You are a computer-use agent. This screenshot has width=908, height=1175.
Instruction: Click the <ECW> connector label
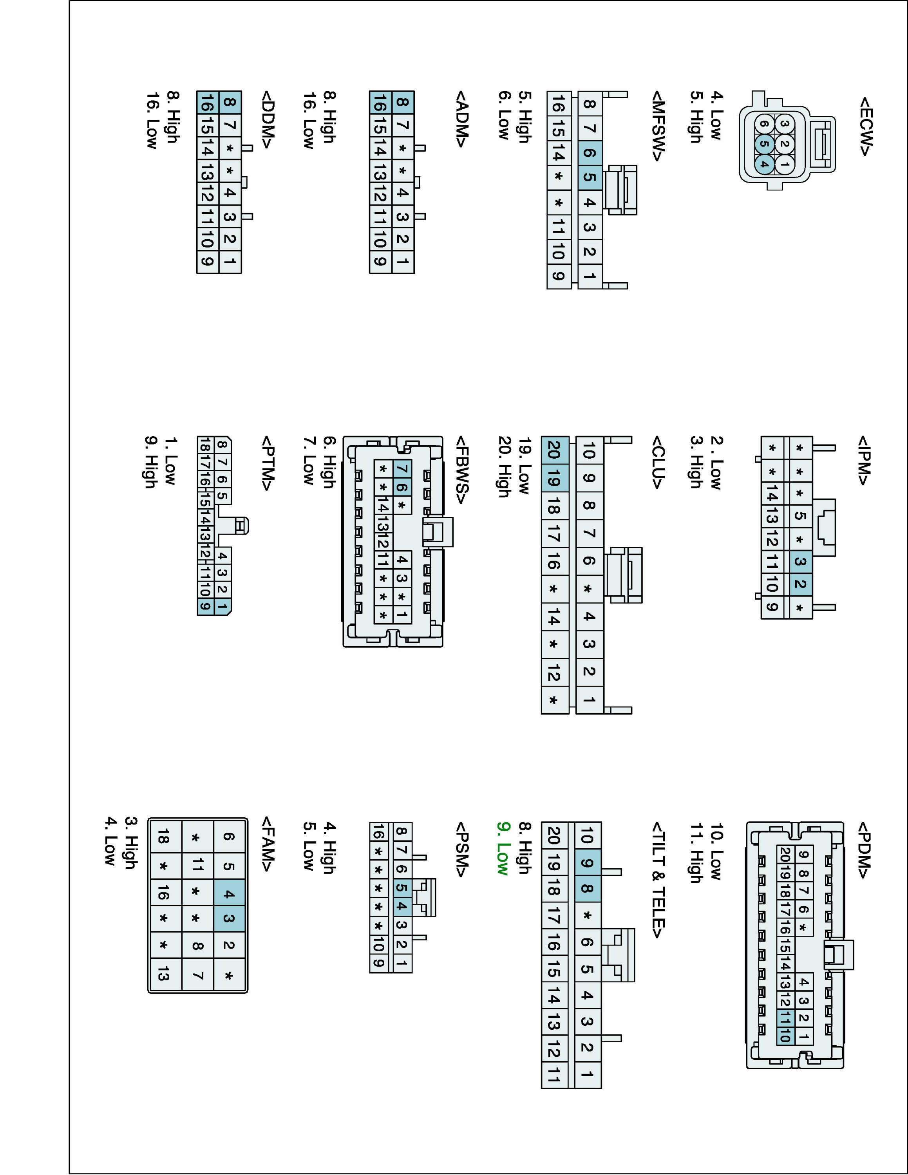pos(865,127)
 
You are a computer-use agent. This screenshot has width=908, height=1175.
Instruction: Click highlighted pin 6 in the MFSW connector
pos(590,153)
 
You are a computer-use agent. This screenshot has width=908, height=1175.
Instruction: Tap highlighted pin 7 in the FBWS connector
pos(402,469)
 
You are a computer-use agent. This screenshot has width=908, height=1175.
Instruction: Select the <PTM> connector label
pos(268,463)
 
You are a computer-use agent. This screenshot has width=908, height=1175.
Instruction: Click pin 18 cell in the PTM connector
pos(205,445)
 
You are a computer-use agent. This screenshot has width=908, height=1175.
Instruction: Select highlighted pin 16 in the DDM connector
pos(207,102)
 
